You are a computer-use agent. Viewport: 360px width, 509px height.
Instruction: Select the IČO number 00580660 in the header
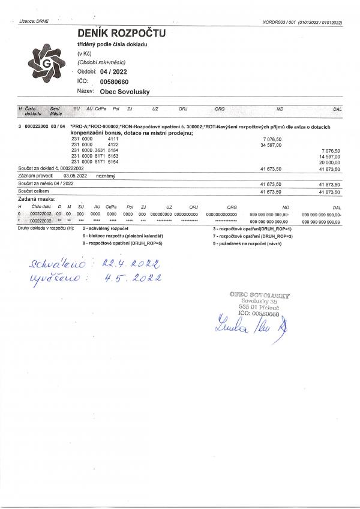tap(114, 81)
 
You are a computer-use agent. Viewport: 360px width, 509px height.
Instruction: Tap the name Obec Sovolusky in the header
tap(125, 92)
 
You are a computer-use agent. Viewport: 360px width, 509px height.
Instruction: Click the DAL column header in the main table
tap(337, 109)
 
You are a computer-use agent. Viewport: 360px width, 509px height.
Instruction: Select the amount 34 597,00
tap(271, 145)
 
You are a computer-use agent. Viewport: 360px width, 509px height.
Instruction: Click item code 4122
tap(112, 145)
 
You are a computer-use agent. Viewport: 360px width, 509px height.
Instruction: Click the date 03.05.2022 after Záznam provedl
tap(76, 176)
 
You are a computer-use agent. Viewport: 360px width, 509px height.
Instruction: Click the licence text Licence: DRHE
tap(34, 21)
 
